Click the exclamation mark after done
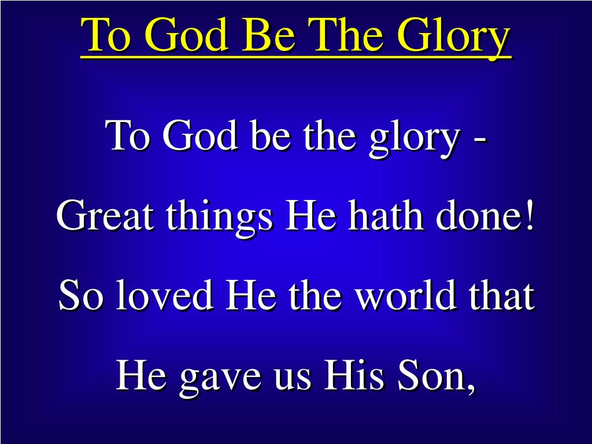(529, 217)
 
